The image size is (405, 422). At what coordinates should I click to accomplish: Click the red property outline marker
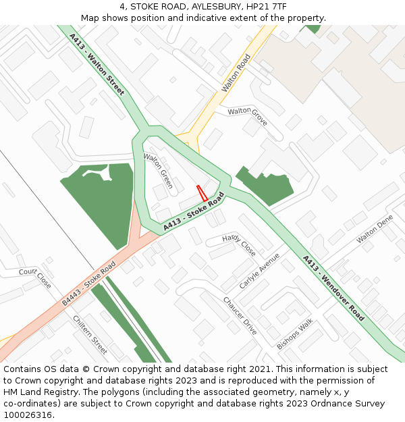pyautogui.click(x=201, y=193)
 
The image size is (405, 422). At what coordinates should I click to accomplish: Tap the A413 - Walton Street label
pyautogui.click(x=97, y=65)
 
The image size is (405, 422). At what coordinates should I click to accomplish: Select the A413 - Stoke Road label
pyautogui.click(x=193, y=211)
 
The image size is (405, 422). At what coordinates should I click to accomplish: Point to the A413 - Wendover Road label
pyautogui.click(x=333, y=288)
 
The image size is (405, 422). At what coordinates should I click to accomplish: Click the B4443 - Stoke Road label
pyautogui.click(x=89, y=284)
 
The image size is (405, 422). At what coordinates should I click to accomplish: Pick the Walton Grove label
pyautogui.click(x=248, y=116)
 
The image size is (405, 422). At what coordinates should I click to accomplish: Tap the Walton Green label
pyautogui.click(x=159, y=171)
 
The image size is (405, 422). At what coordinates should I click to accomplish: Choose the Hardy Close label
pyautogui.click(x=239, y=244)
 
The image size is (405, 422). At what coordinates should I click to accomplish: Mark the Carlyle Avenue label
pyautogui.click(x=259, y=270)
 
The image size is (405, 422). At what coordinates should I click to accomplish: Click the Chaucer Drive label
pyautogui.click(x=240, y=316)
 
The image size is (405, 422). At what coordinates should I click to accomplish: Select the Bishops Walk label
pyautogui.click(x=295, y=334)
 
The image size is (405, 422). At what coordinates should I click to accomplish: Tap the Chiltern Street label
pyautogui.click(x=90, y=335)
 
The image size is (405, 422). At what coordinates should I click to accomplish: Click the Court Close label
pyautogui.click(x=35, y=278)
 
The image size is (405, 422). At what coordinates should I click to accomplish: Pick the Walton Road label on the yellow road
pyautogui.click(x=236, y=74)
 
